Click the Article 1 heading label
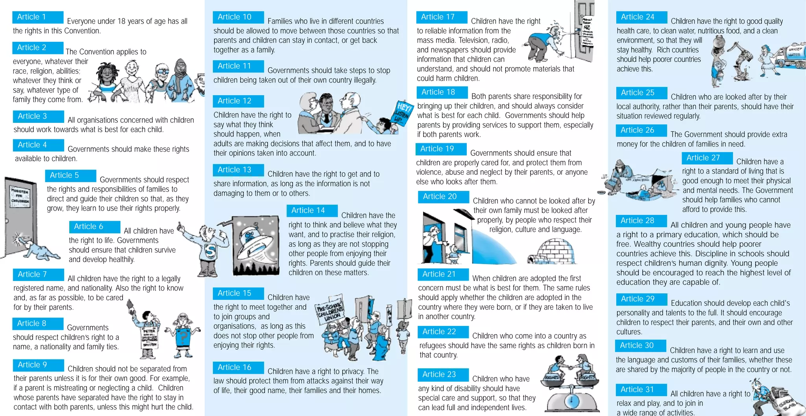tap(38, 17)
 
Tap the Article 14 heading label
tap(312, 211)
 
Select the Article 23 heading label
tap(443, 374)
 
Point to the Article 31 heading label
tap(641, 390)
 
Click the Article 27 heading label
tap(707, 158)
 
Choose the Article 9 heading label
tap(38, 365)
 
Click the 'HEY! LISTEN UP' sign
tap(403, 113)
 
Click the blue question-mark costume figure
tap(182, 336)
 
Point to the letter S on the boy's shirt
tap(210, 251)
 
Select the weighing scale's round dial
tap(571, 401)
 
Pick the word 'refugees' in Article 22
tap(433, 346)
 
